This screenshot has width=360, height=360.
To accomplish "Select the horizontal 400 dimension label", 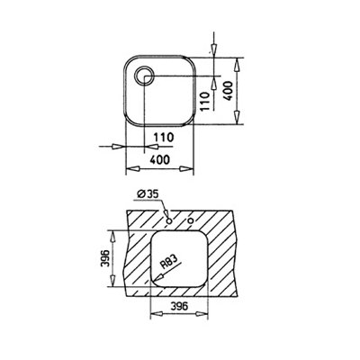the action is pyautogui.click(x=159, y=159).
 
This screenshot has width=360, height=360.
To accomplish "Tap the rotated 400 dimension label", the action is pyautogui.click(x=228, y=91).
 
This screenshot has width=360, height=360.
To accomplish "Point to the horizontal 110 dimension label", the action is pyautogui.click(x=164, y=137).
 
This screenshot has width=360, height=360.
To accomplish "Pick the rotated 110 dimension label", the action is pyautogui.click(x=205, y=102).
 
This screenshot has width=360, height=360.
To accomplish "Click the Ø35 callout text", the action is pyautogui.click(x=148, y=194).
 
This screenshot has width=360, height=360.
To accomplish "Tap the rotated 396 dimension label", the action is pyautogui.click(x=106, y=258).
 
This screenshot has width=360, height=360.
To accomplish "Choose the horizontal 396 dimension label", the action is pyautogui.click(x=179, y=306).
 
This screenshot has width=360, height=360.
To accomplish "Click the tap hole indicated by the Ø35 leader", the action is pyautogui.click(x=169, y=221).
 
